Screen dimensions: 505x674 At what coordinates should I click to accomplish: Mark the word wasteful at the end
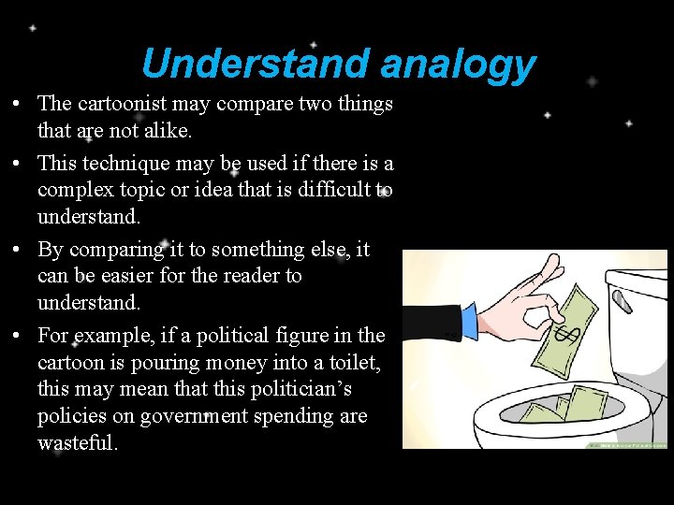[x=77, y=443]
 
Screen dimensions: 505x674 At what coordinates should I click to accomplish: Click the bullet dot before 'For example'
[x=19, y=335]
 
